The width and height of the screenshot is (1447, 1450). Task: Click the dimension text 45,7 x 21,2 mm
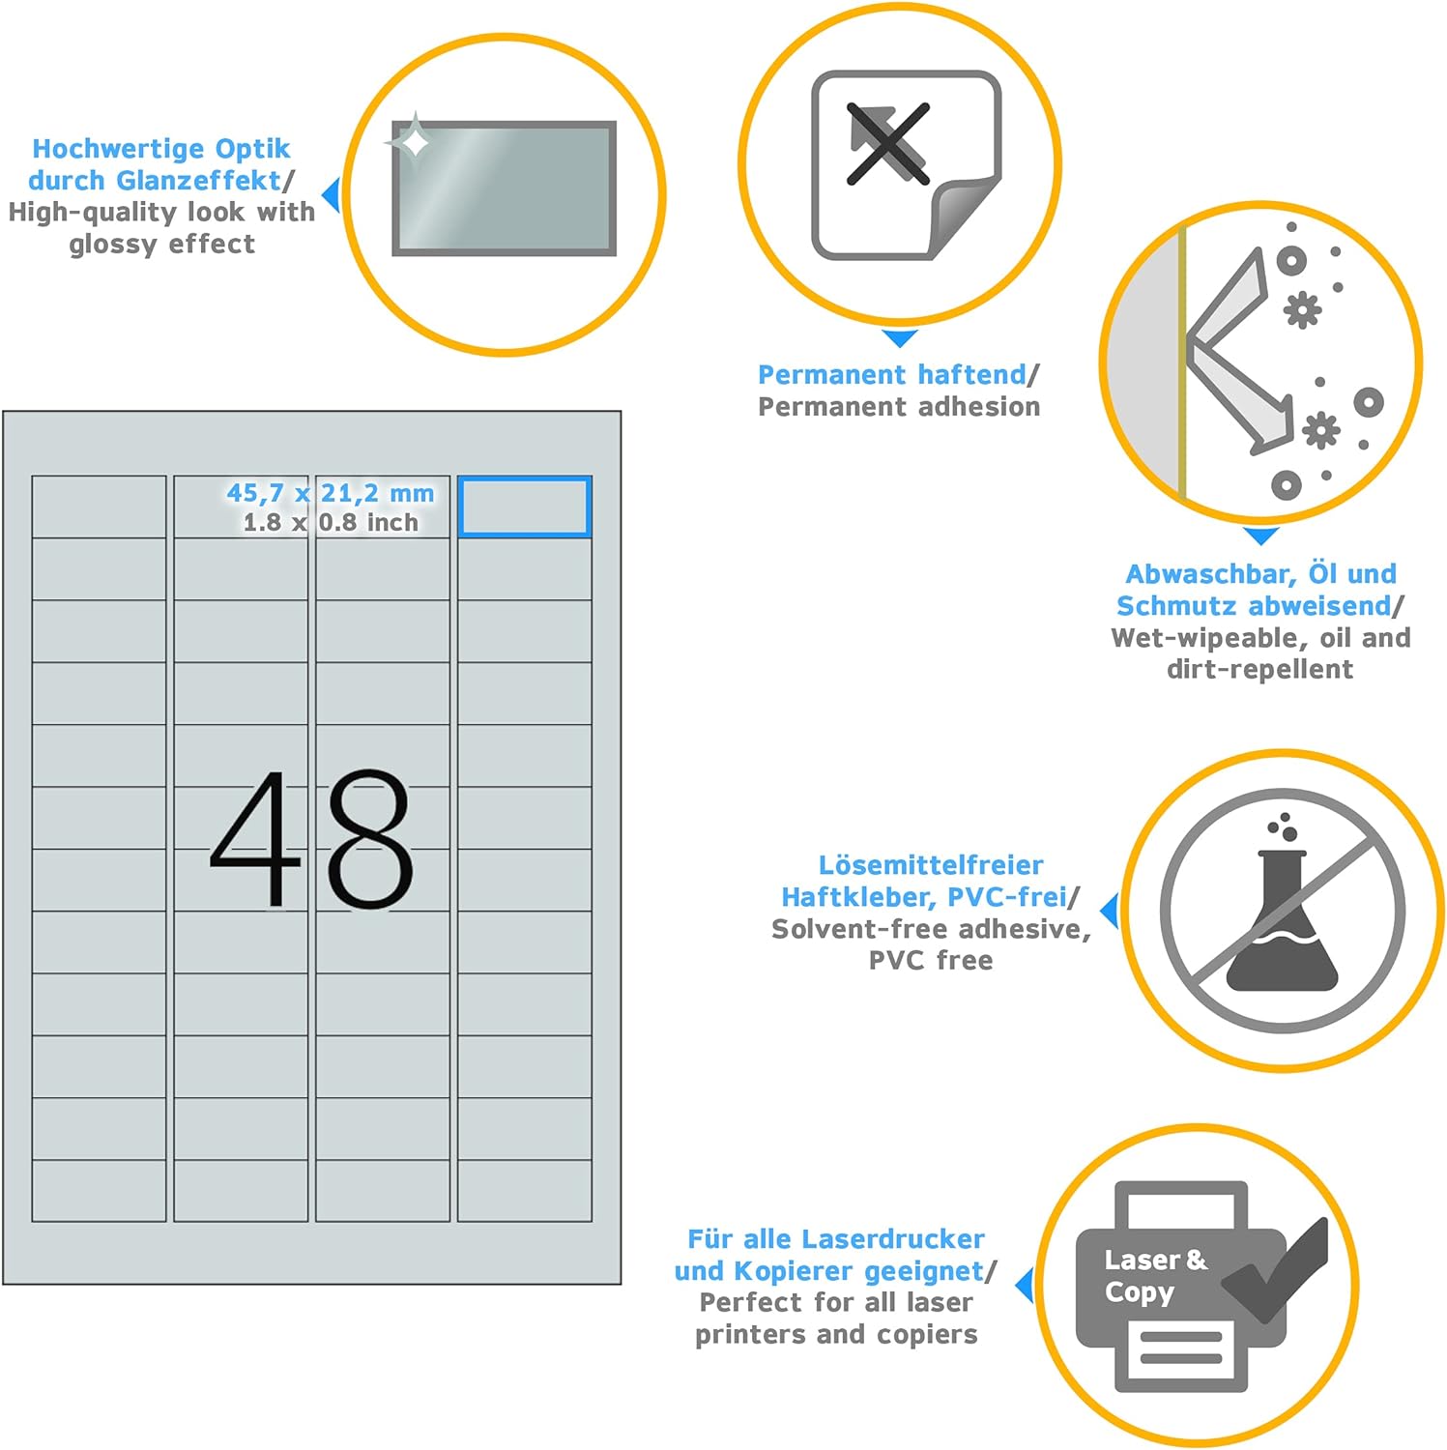click(331, 493)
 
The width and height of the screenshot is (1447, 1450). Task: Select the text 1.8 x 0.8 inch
click(331, 523)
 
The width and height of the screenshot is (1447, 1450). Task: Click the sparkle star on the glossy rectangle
click(414, 142)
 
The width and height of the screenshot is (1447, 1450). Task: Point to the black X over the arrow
click(887, 144)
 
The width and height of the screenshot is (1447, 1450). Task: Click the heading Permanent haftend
click(891, 374)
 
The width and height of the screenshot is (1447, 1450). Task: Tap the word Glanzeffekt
click(212, 181)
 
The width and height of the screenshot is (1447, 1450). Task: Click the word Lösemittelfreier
click(931, 864)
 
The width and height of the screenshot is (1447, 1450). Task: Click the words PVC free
click(931, 961)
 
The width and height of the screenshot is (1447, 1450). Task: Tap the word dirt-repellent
click(1259, 669)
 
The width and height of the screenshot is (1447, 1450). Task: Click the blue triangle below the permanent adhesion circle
click(900, 338)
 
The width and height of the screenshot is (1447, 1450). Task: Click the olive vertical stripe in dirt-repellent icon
click(1181, 363)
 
